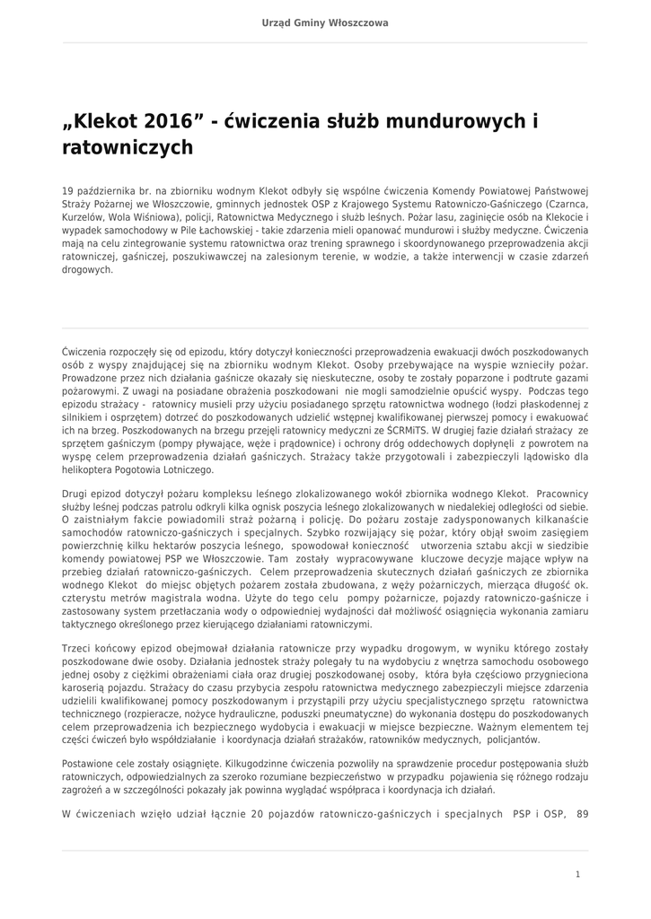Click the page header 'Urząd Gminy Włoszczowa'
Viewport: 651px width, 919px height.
pyautogui.click(x=325, y=22)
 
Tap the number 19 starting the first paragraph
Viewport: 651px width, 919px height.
pyautogui.click(x=67, y=191)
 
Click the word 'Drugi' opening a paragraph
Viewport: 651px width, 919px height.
pyautogui.click(x=75, y=494)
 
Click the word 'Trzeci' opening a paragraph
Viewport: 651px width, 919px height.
pyautogui.click(x=76, y=648)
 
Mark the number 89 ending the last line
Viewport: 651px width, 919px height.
pyautogui.click(x=583, y=814)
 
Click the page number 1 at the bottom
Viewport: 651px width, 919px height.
pyautogui.click(x=578, y=873)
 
